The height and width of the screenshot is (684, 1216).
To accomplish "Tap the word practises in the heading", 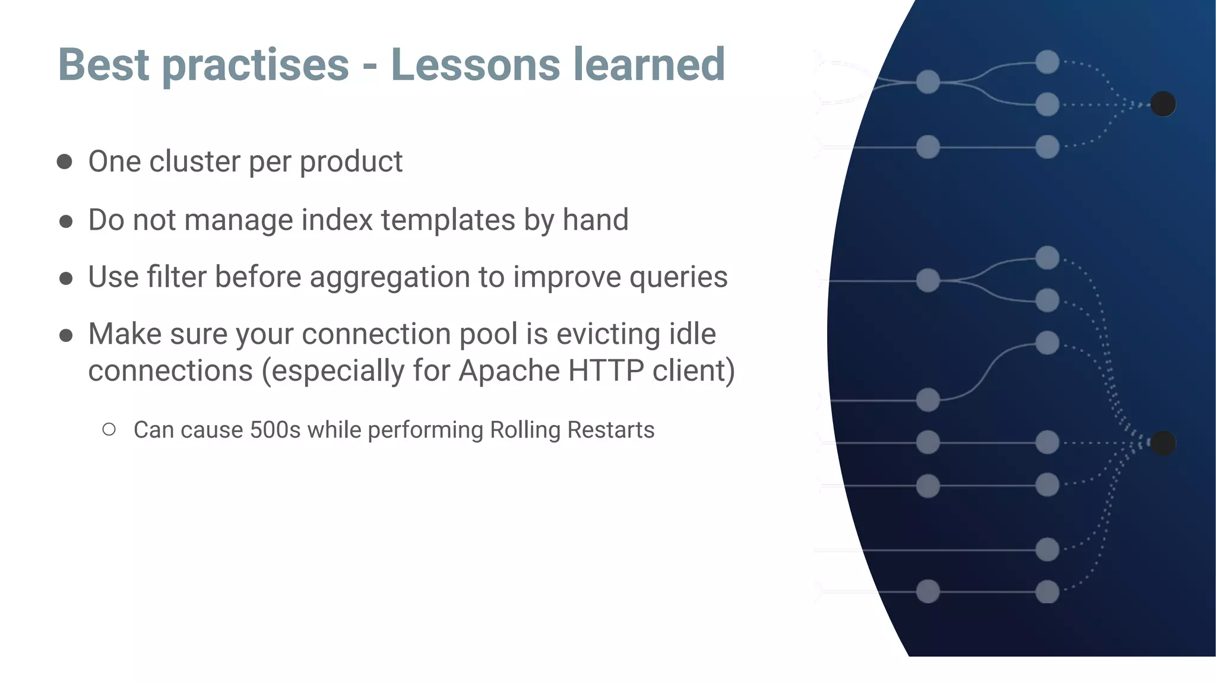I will pos(255,65).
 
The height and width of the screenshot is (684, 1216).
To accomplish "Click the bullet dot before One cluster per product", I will pos(65,161).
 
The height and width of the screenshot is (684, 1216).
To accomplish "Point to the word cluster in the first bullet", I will pos(194,161).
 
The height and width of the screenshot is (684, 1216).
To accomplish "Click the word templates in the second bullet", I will pos(448,220).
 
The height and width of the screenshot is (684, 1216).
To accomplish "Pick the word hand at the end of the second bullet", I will pos(595,220).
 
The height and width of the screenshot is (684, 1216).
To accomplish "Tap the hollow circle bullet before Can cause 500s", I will pos(109,429).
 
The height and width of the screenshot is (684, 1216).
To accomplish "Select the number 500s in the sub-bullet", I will pos(275,430).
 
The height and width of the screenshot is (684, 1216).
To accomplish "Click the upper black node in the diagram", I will pos(1163,104).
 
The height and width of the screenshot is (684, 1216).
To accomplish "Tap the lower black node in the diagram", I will pos(1163,443).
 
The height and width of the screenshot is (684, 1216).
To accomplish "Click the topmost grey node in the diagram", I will pos(1047,62).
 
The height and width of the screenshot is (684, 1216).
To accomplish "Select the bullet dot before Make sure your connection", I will pos(66,335).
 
